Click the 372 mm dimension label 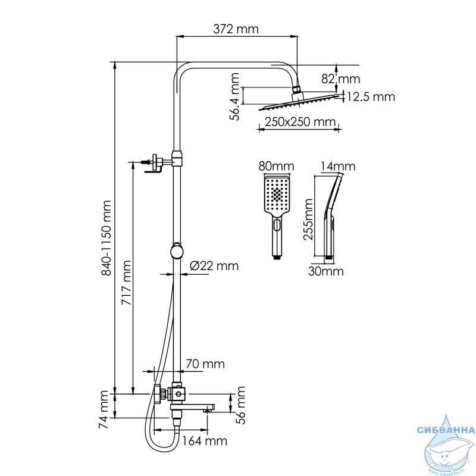pyautogui.click(x=236, y=29)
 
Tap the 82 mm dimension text pyautogui.click(x=340, y=79)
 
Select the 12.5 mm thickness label pyautogui.click(x=371, y=97)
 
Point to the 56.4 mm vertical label pyautogui.click(x=234, y=96)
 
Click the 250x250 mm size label pyautogui.click(x=300, y=122)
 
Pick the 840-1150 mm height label pyautogui.click(x=107, y=238)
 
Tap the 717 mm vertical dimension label pyautogui.click(x=126, y=282)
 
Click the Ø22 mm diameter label pyautogui.click(x=214, y=266)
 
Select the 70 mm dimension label pyautogui.click(x=205, y=364)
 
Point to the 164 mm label pyautogui.click(x=205, y=440)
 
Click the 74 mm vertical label pyautogui.click(x=103, y=409)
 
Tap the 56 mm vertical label pyautogui.click(x=240, y=405)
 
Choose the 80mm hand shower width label pyautogui.click(x=276, y=167)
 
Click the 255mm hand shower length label pyautogui.click(x=308, y=219)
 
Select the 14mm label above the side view pyautogui.click(x=338, y=167)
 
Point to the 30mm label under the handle pyautogui.click(x=325, y=271)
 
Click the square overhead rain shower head pyautogui.click(x=299, y=102)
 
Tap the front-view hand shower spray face pyautogui.click(x=277, y=195)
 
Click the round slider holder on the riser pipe pyautogui.click(x=176, y=252)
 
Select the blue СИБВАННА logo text pyautogui.click(x=446, y=430)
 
